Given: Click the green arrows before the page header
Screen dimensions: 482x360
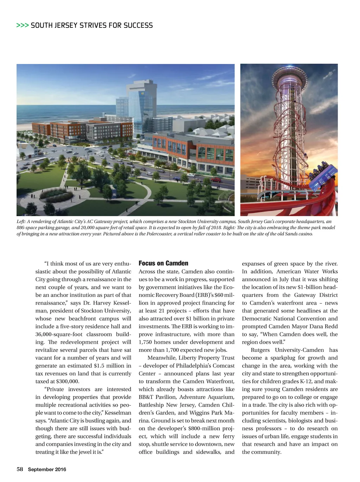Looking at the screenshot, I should [22, 25].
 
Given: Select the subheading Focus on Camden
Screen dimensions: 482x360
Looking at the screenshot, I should [163, 263].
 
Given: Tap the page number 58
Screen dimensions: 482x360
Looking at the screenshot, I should [20, 469].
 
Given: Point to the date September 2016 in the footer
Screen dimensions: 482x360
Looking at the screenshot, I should [47, 469].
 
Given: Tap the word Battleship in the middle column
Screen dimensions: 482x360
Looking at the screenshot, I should [152, 405].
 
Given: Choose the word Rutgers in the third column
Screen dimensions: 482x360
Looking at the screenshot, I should [260, 350].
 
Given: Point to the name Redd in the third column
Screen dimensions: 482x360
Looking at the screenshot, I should [331, 326].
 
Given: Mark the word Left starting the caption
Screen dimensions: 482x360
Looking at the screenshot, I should [21, 221].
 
